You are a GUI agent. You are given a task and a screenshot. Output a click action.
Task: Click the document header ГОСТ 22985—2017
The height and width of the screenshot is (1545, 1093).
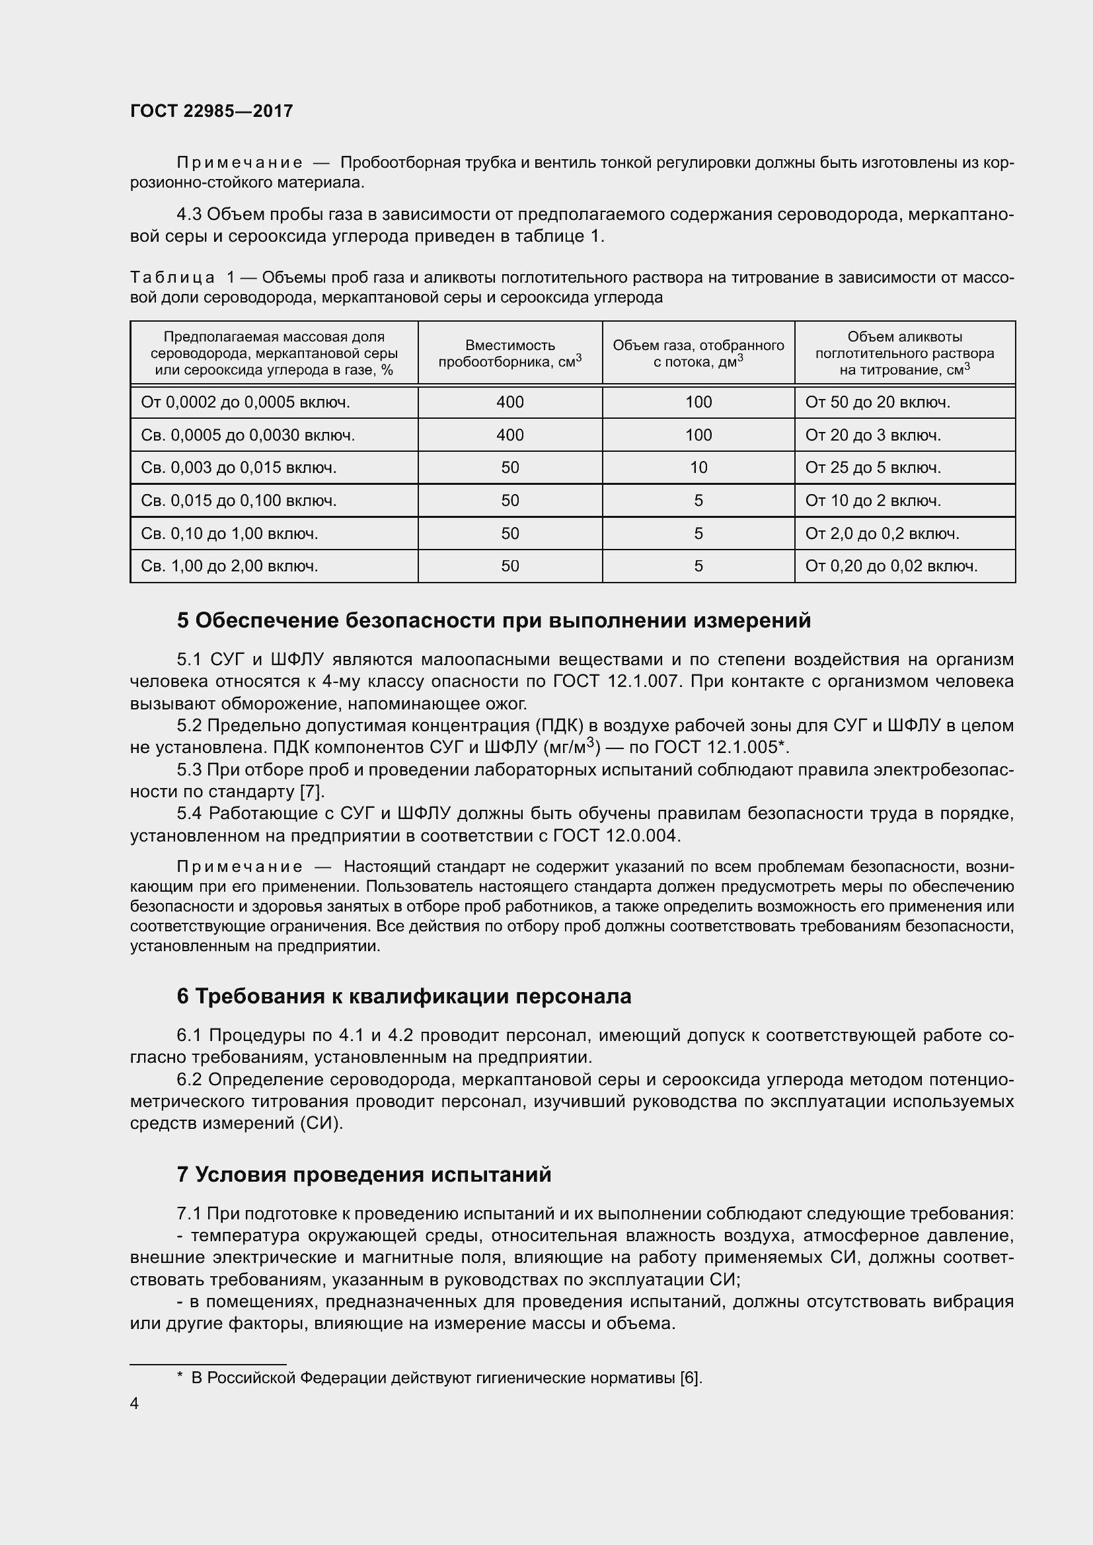[x=211, y=111]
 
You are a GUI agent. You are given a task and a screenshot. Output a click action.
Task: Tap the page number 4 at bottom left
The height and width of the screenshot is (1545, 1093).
[x=135, y=1403]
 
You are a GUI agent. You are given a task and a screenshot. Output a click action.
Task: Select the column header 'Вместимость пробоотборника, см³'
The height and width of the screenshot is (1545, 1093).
[x=509, y=353]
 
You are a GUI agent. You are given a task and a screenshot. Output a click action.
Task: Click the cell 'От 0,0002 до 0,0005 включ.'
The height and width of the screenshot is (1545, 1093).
[x=246, y=402]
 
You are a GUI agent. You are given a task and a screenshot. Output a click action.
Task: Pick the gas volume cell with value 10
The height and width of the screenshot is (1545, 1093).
[x=698, y=468]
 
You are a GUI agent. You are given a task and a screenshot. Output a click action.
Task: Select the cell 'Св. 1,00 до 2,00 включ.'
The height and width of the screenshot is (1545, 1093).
[x=229, y=566]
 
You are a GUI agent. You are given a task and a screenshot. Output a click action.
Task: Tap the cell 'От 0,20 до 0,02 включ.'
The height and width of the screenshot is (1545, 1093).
[x=890, y=566]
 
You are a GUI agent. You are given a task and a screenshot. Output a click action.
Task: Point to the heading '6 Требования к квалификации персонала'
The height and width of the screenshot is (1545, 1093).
[x=404, y=997]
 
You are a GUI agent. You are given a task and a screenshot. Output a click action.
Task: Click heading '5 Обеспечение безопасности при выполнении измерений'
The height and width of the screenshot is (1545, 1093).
[x=494, y=620]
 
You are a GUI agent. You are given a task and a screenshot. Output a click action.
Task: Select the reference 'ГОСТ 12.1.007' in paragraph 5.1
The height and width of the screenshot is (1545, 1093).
[x=615, y=682]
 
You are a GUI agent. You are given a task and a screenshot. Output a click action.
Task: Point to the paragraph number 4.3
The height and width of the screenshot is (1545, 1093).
[x=189, y=215]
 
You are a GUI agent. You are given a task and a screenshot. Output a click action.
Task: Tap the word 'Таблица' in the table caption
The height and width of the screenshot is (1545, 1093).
[x=172, y=277]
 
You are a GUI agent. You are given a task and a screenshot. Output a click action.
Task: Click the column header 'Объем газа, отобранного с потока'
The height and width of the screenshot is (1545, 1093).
[x=698, y=353]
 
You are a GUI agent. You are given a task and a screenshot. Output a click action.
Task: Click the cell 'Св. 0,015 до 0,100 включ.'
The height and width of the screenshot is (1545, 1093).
[x=239, y=501]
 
